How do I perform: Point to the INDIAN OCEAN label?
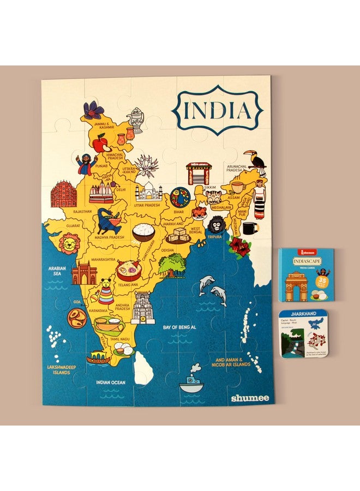pos(111,382)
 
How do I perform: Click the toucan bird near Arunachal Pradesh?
pos(256,160)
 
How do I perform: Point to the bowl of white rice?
pos(143,231)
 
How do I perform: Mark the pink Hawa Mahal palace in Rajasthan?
pos(62,194)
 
